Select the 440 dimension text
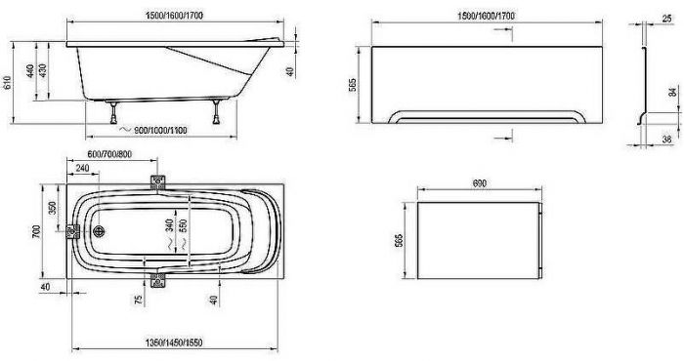30,71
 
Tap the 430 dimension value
43,71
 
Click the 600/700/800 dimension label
109,154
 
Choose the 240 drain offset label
82,168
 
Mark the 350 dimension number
53,208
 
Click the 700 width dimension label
36,231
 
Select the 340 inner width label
170,225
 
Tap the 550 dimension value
184,225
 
